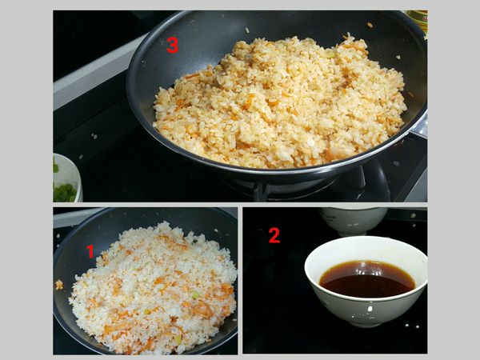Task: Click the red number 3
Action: click(172, 46)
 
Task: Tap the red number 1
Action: click(90, 251)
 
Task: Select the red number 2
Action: click(274, 234)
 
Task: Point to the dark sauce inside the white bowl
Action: click(366, 279)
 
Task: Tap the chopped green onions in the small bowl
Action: click(63, 190)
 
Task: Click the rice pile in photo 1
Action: click(152, 288)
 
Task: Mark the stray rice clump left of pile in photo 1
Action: click(58, 284)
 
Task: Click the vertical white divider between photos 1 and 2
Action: click(240, 280)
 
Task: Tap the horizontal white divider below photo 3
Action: click(240, 205)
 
